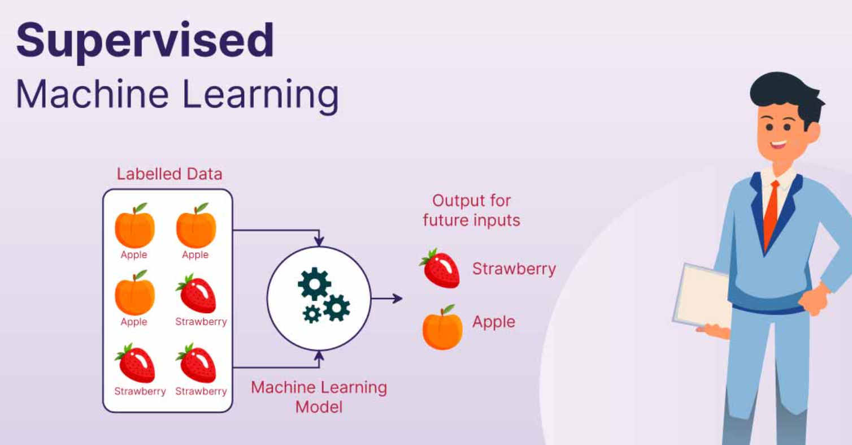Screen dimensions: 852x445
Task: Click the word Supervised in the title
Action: (145, 41)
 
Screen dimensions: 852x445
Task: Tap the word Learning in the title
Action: (261, 95)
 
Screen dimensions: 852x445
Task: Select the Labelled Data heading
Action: (169, 174)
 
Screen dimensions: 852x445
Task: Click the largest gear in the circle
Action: (314, 284)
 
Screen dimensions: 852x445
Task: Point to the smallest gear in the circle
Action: (312, 314)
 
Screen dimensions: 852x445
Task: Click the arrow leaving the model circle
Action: (386, 299)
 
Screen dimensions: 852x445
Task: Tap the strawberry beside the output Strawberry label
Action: (441, 269)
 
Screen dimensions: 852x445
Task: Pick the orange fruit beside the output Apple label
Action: (442, 327)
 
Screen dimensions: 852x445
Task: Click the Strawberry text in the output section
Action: (514, 269)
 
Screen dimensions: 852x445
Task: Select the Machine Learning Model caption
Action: (319, 397)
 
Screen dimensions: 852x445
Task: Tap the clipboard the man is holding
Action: (702, 295)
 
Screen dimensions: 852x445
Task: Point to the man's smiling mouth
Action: (778, 144)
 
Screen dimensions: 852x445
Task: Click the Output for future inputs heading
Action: (472, 210)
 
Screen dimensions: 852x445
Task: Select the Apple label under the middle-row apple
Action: (134, 322)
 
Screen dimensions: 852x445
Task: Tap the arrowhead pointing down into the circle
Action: (319, 241)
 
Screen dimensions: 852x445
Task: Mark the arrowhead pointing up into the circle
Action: (319, 356)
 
